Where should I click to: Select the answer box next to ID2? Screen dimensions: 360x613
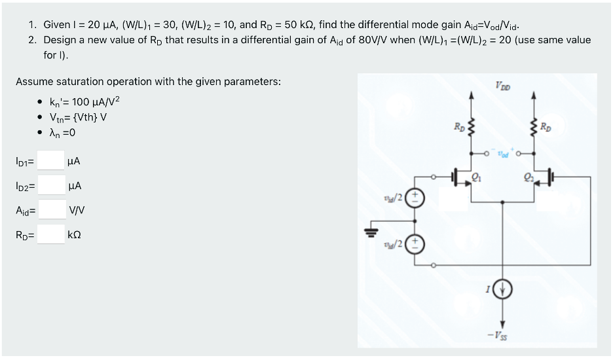click(50, 186)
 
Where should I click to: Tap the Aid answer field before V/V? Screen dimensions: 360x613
click(50, 210)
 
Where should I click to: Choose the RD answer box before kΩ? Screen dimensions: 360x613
click(50, 234)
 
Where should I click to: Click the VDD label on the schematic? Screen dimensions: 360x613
click(504, 85)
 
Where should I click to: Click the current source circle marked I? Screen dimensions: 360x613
click(503, 289)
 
